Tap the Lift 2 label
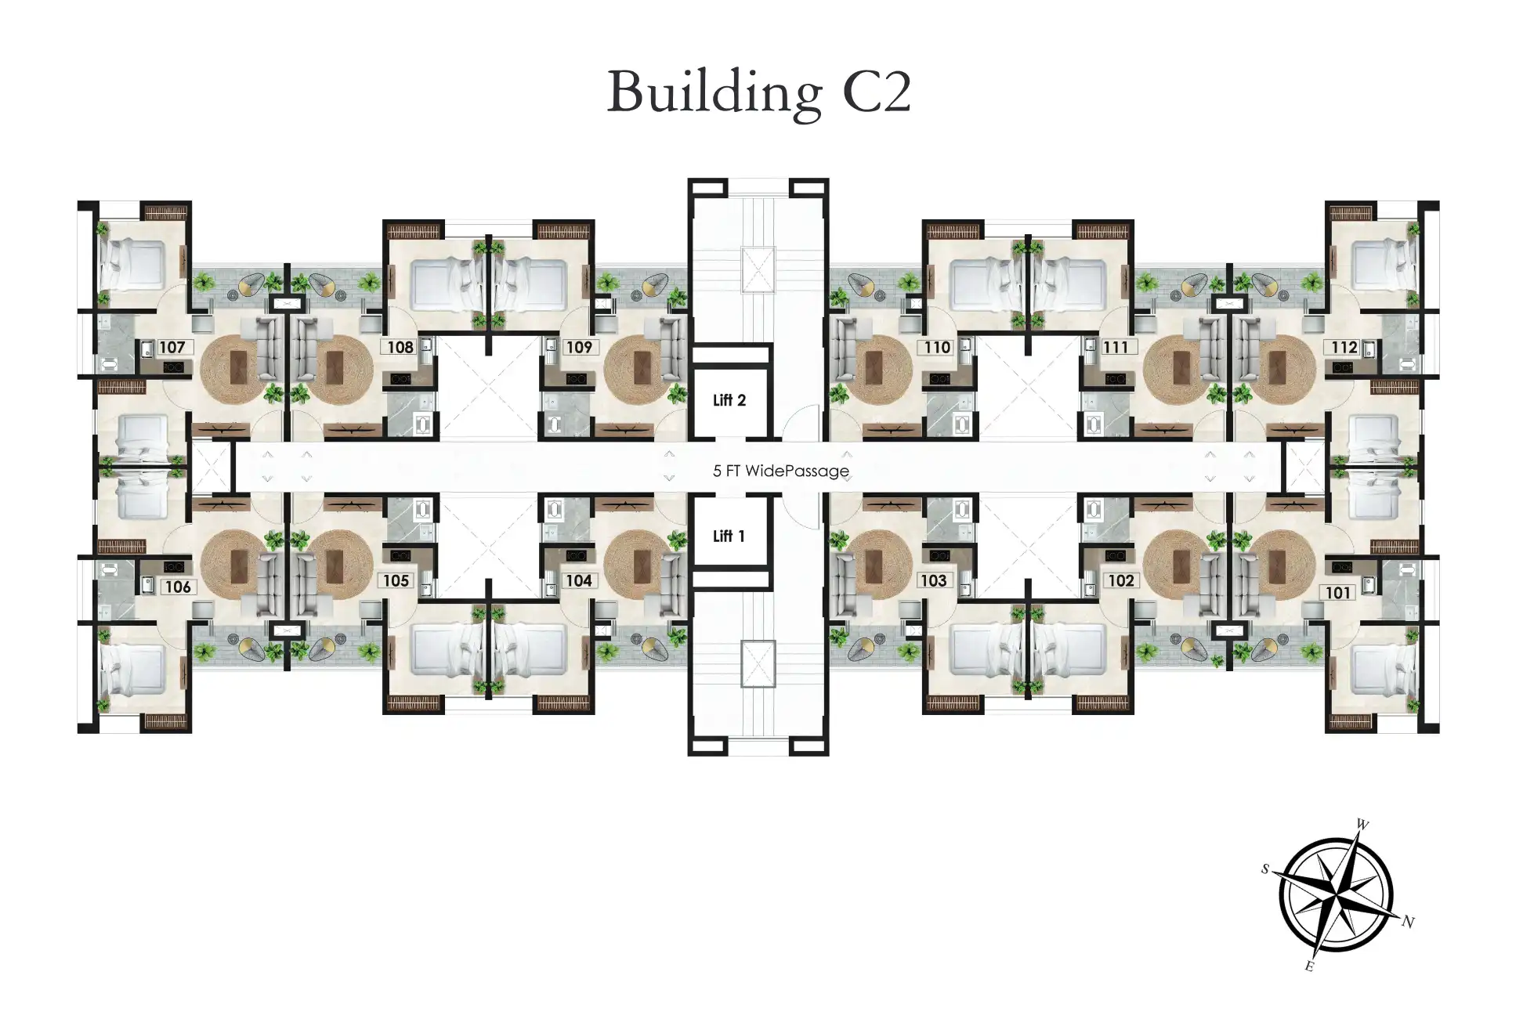[x=729, y=400]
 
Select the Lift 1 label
[x=729, y=536]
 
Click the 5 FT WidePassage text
[x=781, y=471]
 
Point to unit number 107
[x=172, y=347]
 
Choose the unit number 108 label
[x=400, y=347]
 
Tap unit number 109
[x=579, y=347]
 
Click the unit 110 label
[x=937, y=347]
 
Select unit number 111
[x=1116, y=347]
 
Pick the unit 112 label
[x=1344, y=347]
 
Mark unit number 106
[x=179, y=587]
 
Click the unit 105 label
[x=396, y=580]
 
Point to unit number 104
[x=579, y=580]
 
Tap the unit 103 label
[x=933, y=580]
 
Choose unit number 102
[x=1121, y=580]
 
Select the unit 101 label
[x=1338, y=593]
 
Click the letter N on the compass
[x=1408, y=922]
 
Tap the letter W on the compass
[x=1362, y=824]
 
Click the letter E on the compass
[x=1309, y=966]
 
